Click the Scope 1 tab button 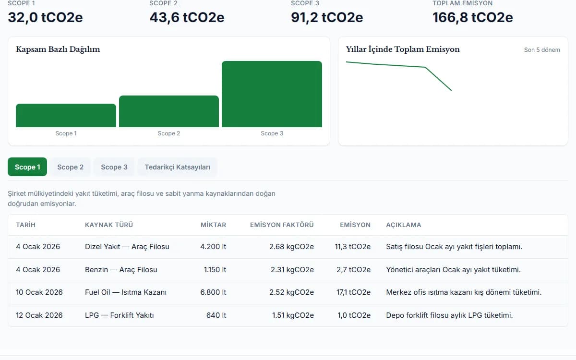[27, 167]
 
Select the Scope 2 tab [71, 167]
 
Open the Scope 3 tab [114, 167]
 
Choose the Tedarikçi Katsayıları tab [178, 167]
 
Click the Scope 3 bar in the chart [272, 94]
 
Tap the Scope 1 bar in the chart [66, 116]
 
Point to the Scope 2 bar [169, 111]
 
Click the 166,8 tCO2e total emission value [473, 17]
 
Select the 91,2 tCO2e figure [327, 17]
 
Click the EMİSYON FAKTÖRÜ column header [282, 225]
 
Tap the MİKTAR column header [213, 225]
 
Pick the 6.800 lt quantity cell [213, 292]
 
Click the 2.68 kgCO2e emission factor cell [292, 247]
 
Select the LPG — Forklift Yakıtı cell [120, 315]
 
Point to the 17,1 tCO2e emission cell [353, 292]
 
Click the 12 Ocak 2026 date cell [39, 315]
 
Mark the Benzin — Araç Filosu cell [121, 270]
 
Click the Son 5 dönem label [542, 50]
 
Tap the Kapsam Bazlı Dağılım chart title [58, 49]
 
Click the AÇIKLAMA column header [404, 225]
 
